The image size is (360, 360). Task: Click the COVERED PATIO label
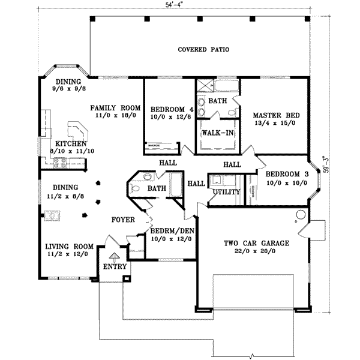tap(204, 49)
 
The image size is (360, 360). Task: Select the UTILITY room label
tap(226, 192)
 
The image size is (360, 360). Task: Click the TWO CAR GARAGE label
tap(257, 244)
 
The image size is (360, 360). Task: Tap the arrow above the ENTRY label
tap(113, 256)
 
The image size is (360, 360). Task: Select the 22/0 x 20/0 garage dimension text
tap(257, 252)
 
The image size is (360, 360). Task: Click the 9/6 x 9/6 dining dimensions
tap(69, 89)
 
